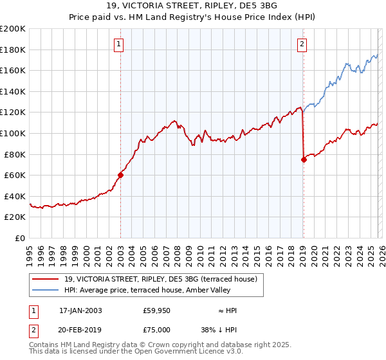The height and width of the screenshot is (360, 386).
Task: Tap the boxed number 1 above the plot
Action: (x=120, y=44)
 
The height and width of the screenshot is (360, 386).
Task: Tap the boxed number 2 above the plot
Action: (x=302, y=44)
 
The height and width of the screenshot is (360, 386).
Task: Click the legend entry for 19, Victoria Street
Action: (x=160, y=279)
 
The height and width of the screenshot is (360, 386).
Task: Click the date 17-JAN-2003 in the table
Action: (x=80, y=310)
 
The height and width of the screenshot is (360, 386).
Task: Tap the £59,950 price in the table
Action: (x=157, y=310)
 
